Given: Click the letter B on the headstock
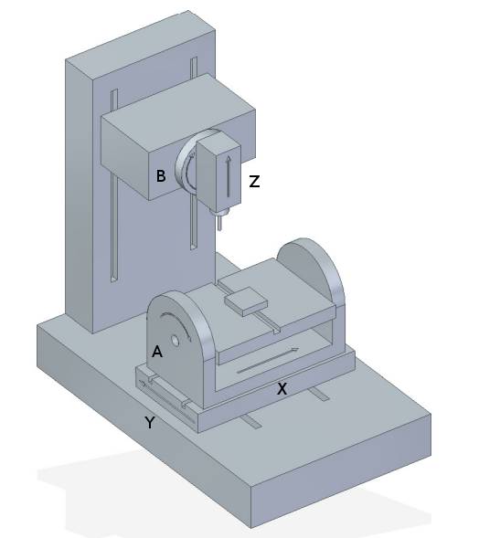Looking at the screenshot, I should (x=160, y=176).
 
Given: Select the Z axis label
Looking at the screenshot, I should (x=254, y=182).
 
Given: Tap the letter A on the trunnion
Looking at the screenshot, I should (x=157, y=351).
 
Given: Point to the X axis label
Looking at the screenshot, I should (x=282, y=388).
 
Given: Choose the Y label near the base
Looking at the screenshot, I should (x=149, y=422).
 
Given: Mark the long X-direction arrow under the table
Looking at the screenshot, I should (x=268, y=360).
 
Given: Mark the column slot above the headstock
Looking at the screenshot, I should (x=193, y=68).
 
